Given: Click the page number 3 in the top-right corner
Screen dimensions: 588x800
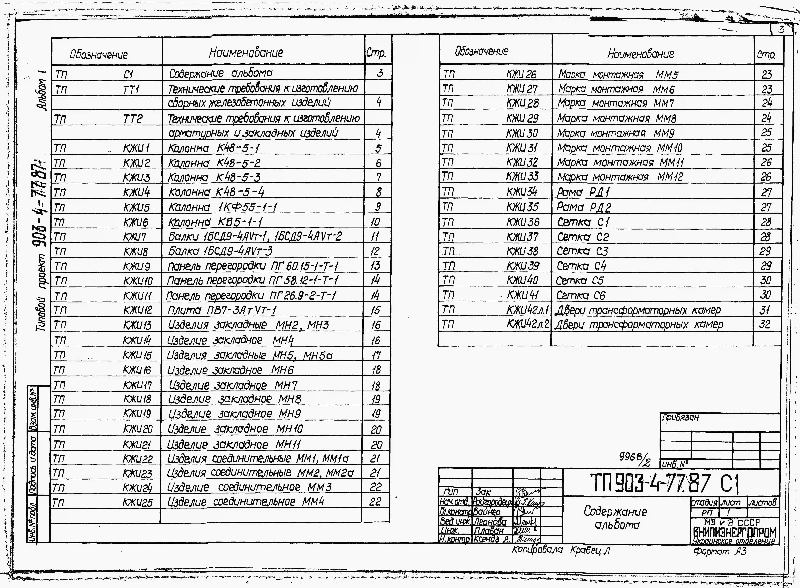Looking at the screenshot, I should pyautogui.click(x=781, y=29).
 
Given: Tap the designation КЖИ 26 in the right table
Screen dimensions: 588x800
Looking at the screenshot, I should pyautogui.click(x=521, y=74).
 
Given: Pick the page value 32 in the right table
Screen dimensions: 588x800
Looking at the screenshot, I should pyautogui.click(x=765, y=324).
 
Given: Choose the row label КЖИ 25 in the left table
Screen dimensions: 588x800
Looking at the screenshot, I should pyautogui.click(x=138, y=502).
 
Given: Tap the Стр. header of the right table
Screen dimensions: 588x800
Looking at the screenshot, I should pyautogui.click(x=767, y=55).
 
